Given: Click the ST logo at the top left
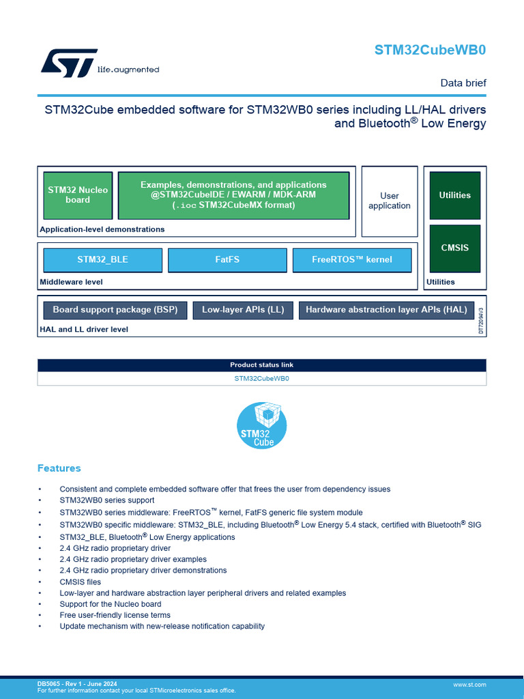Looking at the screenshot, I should click(68, 63).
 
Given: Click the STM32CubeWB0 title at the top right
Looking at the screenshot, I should click(430, 50).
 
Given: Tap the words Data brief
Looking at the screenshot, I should click(463, 83).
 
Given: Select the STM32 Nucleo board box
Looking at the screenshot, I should click(78, 195).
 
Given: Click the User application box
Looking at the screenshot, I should click(390, 201).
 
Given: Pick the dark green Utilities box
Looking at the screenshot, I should click(455, 195).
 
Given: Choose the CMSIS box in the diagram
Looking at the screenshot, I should click(455, 248).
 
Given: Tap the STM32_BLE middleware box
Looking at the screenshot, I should click(103, 260).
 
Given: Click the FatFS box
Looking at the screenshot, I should click(227, 260).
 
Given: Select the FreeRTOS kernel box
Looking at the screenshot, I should click(352, 260).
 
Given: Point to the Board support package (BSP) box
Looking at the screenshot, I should click(115, 310).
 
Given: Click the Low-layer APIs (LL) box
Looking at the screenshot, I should click(243, 310).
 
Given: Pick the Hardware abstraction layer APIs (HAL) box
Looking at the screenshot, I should click(386, 310).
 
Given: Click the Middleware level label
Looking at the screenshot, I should click(72, 281).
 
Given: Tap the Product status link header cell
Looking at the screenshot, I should click(262, 365).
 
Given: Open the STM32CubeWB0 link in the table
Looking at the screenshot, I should click(262, 378).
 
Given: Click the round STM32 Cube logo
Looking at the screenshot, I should click(262, 425).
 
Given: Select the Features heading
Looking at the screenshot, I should click(59, 468).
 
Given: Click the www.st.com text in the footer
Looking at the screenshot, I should click(469, 684).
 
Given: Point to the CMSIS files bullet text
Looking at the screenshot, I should click(79, 582).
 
